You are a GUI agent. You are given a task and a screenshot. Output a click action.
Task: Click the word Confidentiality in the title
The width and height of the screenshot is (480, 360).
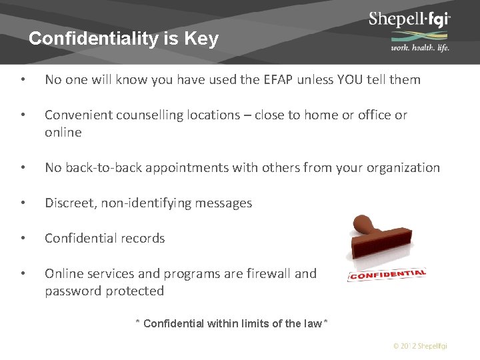93,39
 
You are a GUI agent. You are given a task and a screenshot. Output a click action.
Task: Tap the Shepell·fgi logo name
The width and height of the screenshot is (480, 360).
409,19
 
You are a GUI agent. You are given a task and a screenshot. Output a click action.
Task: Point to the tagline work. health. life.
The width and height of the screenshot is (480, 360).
419,47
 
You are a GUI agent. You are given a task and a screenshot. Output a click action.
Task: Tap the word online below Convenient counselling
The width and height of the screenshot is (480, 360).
63,133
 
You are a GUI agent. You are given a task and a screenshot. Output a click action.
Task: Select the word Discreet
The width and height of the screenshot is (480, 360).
69,203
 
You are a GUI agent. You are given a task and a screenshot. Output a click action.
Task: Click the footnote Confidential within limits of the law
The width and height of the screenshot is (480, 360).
231,324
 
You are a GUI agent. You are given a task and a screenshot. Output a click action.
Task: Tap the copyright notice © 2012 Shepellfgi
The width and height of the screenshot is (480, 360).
420,346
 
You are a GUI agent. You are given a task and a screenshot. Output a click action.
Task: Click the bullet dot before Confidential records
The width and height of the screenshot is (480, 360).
23,239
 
